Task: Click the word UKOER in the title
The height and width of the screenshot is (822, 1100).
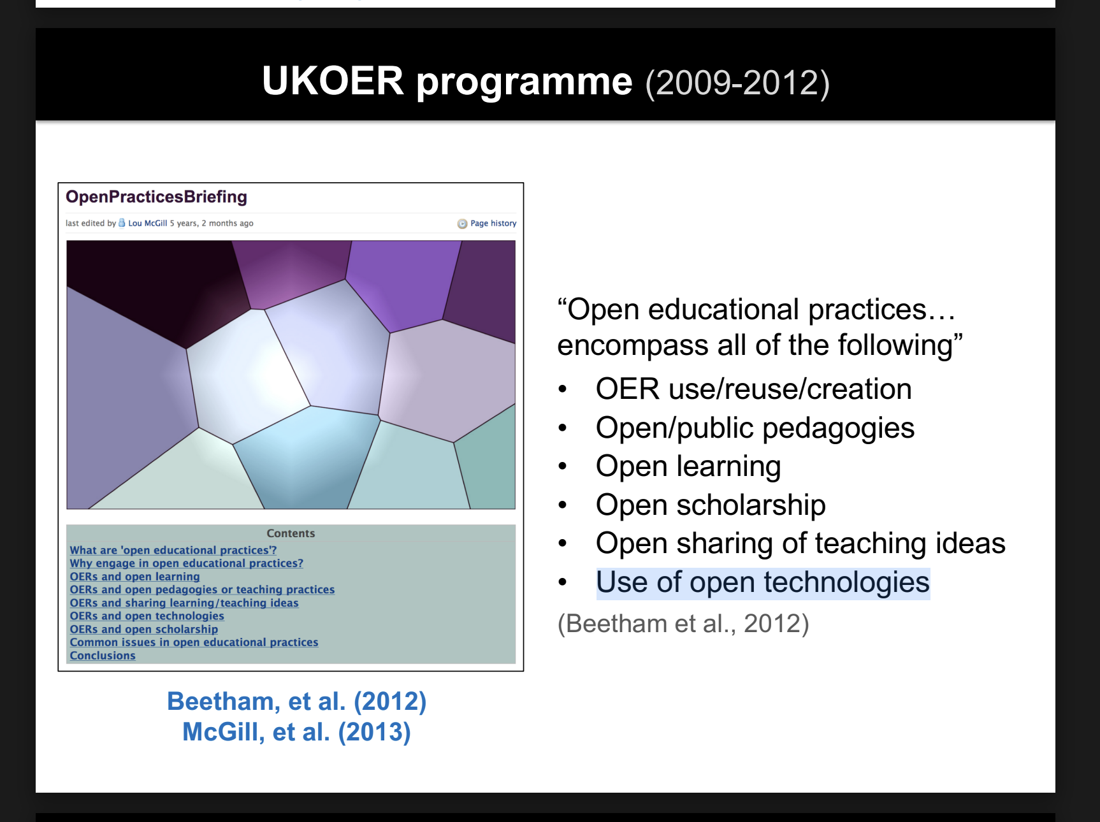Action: (333, 81)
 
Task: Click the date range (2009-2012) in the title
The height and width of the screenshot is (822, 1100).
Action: (737, 83)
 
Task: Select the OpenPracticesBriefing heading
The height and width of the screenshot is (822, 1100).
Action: (156, 197)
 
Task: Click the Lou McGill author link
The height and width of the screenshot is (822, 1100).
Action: (147, 223)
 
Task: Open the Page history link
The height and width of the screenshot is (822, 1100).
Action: (493, 223)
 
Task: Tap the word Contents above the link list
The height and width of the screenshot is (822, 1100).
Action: (291, 533)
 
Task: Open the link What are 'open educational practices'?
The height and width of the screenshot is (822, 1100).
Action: (173, 550)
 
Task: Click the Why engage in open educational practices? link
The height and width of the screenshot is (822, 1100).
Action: (187, 563)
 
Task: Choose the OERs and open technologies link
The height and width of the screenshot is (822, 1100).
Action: (147, 616)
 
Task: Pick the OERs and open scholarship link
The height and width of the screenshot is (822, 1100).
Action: (144, 630)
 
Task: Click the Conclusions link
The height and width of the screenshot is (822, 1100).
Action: (103, 656)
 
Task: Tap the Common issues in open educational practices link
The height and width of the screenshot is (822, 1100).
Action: (194, 642)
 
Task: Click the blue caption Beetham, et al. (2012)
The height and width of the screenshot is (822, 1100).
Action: (297, 702)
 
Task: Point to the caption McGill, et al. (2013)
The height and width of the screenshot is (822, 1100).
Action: (297, 732)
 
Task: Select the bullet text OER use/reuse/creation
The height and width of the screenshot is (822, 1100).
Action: (754, 389)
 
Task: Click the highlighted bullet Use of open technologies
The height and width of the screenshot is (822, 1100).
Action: (763, 583)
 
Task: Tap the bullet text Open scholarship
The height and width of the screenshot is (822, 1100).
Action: (711, 505)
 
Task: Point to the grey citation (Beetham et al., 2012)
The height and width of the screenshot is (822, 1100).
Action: (683, 624)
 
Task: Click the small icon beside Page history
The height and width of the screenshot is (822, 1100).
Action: (462, 224)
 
